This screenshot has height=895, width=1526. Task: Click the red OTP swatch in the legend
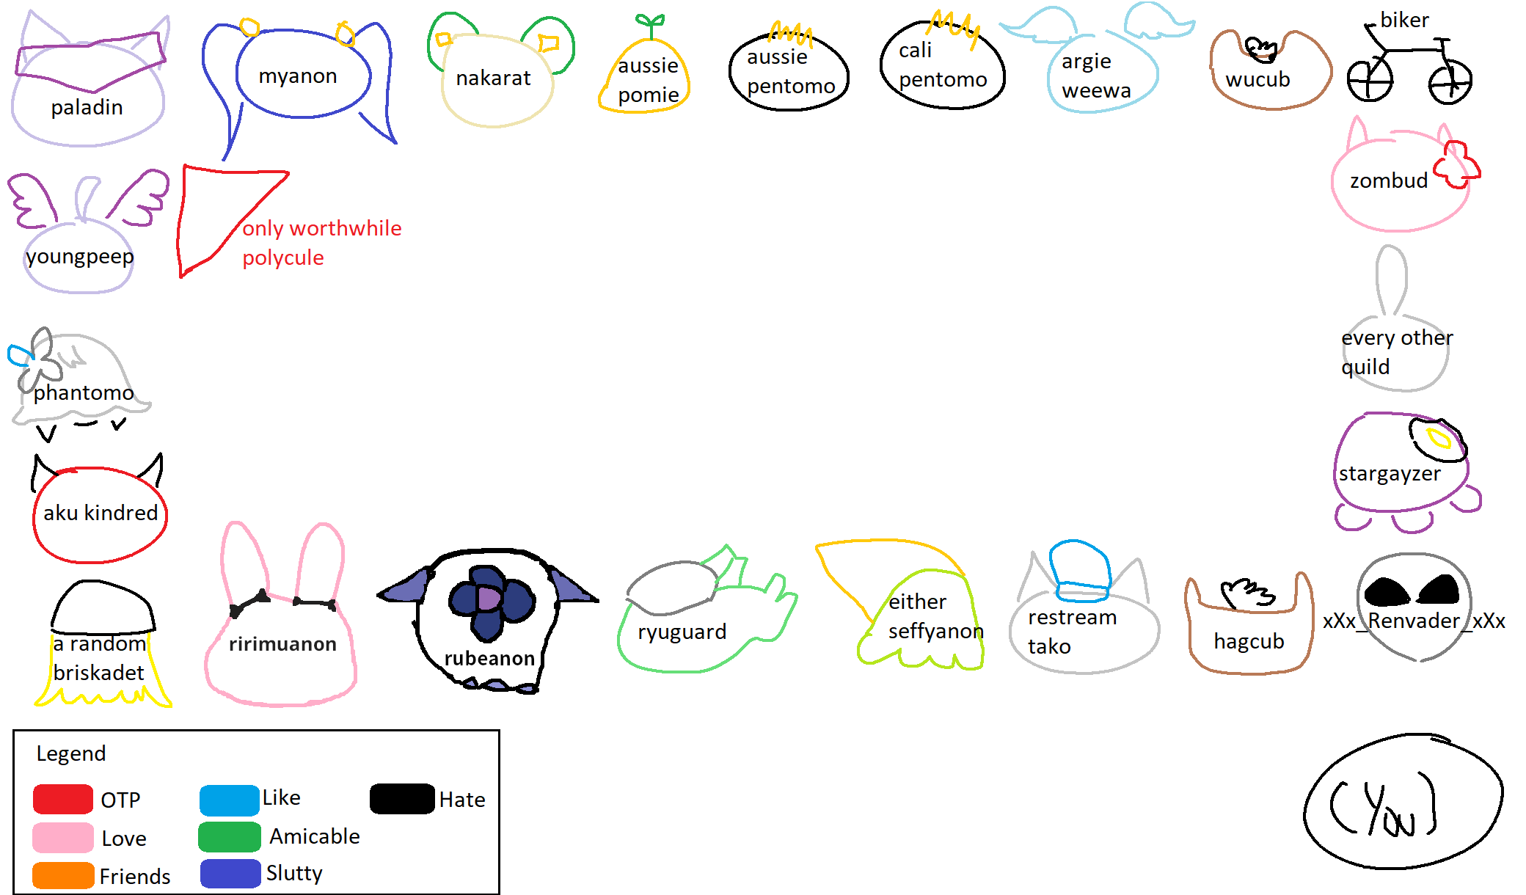[x=63, y=799]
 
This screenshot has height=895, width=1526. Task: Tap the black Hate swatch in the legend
[x=402, y=799]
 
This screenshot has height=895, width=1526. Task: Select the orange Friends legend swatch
[x=63, y=875]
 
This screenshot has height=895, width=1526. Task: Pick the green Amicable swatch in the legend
[x=229, y=837]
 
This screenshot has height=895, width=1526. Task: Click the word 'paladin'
[x=87, y=108]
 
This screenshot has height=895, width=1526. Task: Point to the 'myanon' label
[x=298, y=76]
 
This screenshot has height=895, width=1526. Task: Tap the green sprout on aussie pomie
[x=650, y=24]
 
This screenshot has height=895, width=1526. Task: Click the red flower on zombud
[x=1456, y=164]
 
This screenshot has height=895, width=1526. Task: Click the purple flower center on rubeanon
[x=488, y=599]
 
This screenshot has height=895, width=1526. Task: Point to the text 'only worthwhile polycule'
[x=321, y=243]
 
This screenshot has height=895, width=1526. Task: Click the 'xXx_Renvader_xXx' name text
[x=1414, y=621]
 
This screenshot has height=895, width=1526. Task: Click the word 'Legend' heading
[x=71, y=753]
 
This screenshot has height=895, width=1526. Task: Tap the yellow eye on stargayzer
[x=1438, y=439]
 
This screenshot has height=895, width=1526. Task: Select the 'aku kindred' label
[x=101, y=513]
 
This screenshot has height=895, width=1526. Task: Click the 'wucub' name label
[x=1257, y=79]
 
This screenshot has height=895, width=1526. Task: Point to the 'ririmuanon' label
[x=282, y=644]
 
